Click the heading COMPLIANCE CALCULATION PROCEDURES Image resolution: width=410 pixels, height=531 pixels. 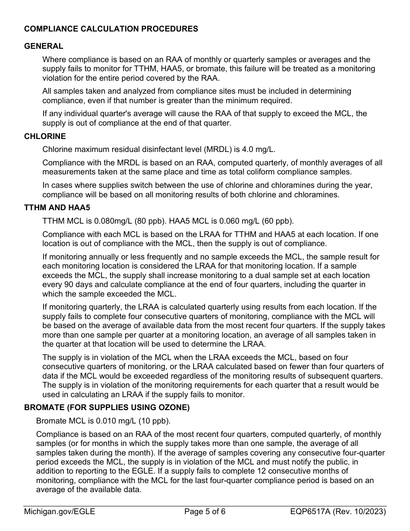[111, 29]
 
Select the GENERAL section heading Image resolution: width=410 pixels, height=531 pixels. [44, 46]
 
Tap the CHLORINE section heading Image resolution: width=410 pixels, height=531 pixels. [45, 136]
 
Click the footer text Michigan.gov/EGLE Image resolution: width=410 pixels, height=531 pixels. [60, 512]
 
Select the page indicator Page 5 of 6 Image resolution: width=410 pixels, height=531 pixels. [205, 512]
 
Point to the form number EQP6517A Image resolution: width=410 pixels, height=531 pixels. [309, 512]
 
